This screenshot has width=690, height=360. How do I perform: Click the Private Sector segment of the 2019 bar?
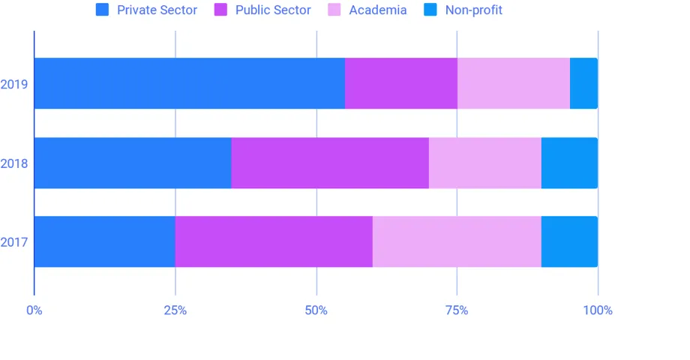189,83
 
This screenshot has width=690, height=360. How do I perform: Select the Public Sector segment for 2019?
400,83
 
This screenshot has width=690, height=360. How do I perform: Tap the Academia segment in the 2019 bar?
513,83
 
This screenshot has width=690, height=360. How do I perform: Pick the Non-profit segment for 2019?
583,83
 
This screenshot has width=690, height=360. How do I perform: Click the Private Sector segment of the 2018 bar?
132,163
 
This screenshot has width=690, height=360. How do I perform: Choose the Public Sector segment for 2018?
330,163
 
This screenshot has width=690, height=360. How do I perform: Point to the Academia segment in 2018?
484,163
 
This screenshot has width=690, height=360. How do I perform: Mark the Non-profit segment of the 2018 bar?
569,163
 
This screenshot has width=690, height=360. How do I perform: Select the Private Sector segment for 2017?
104,241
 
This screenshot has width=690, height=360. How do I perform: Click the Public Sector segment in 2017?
274,241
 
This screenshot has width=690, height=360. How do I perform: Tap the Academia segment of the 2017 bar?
457,241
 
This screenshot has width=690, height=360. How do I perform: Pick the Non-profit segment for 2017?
569,241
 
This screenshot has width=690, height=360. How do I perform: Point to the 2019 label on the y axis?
14,84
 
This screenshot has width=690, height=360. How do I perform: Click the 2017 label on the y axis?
14,242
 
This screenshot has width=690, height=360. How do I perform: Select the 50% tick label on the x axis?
316,310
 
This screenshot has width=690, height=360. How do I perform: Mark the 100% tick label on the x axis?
597,310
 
